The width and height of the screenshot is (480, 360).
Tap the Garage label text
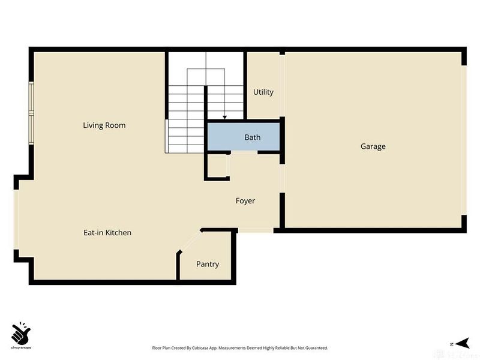373,146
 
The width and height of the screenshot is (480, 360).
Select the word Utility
263,92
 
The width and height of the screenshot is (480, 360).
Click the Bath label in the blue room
252,137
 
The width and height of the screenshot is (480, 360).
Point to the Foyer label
245,201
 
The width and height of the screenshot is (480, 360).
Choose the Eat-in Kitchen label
107,233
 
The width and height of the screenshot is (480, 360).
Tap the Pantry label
207,264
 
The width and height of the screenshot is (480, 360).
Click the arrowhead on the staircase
224,117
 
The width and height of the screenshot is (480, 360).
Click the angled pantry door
190,241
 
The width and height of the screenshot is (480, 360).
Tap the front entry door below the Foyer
256,230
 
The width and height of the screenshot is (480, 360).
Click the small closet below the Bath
217,166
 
